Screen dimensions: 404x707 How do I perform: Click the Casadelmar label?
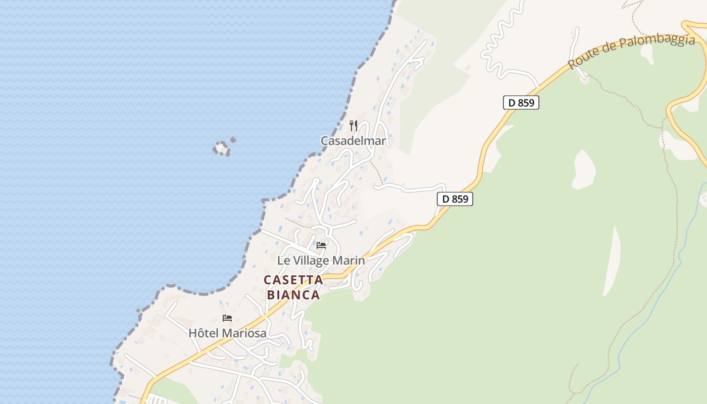pos(353,141)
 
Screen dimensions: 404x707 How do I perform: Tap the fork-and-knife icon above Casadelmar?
pos(353,125)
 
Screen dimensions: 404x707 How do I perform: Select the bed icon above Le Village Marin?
pos(321,245)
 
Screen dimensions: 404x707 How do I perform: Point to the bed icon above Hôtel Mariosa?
pos(227,318)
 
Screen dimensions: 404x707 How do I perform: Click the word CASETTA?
pos(293,280)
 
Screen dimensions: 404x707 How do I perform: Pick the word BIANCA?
pos(293,295)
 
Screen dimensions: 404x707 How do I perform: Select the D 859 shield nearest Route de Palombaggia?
pos(521,103)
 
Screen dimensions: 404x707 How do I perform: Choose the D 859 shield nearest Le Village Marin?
pos(454,199)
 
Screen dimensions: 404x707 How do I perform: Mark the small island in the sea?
pos(221,147)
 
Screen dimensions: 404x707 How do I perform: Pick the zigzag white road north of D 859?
pos(497,45)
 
